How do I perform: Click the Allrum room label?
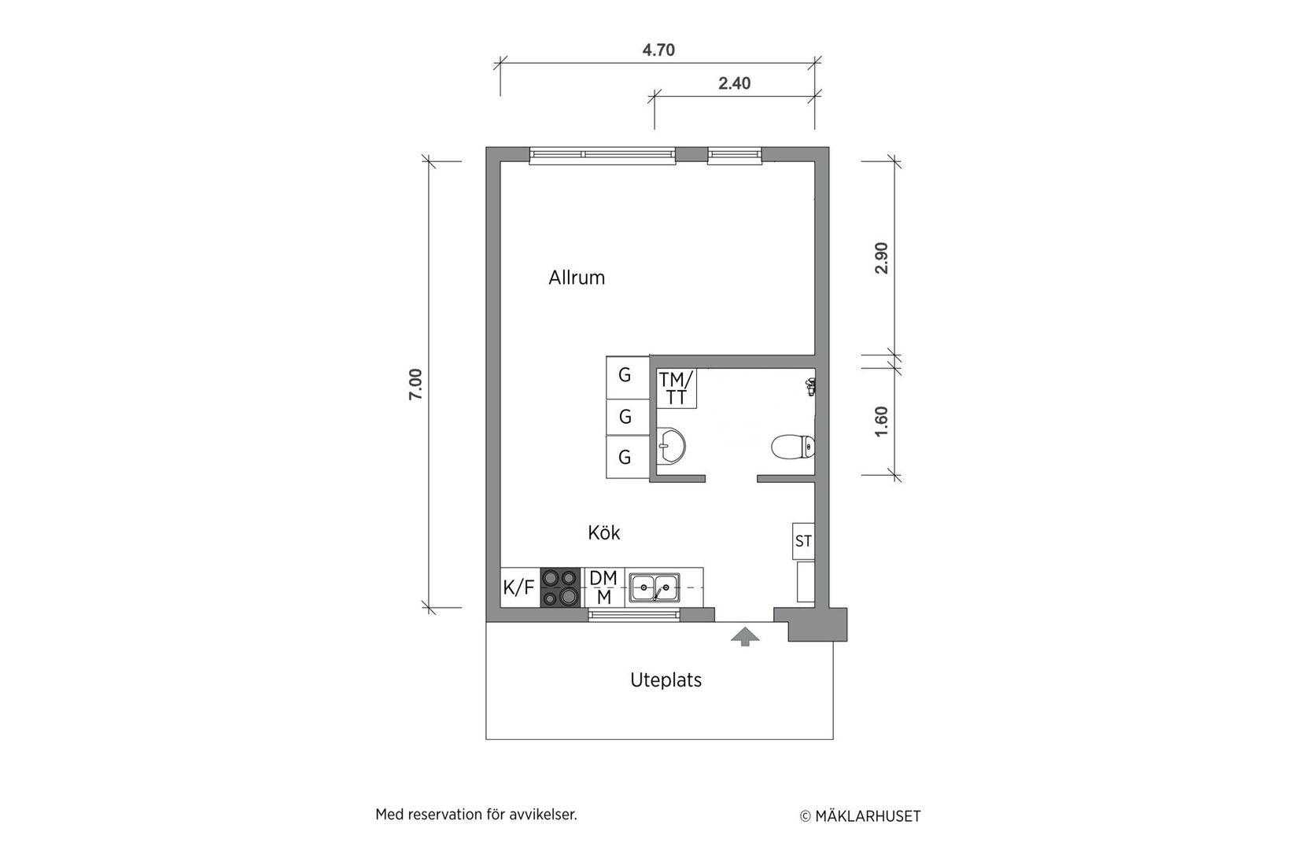(577, 278)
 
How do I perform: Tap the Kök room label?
(603, 533)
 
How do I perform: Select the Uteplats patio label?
(666, 680)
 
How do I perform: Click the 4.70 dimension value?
(658, 50)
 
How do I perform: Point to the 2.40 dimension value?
(734, 83)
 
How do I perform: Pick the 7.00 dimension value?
(416, 385)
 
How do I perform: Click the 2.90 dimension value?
(881, 258)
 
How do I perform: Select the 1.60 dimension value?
(881, 421)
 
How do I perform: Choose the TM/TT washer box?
(677, 388)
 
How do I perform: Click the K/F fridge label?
(518, 587)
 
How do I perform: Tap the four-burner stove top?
(560, 587)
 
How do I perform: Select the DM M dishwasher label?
(603, 587)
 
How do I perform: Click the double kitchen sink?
(655, 587)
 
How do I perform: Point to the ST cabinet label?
(803, 541)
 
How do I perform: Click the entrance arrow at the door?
(745, 636)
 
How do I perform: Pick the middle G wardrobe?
(625, 417)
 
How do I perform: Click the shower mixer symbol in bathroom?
(809, 386)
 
